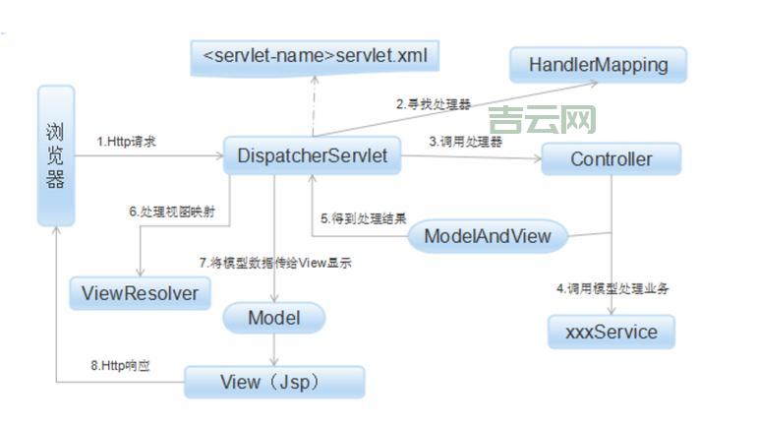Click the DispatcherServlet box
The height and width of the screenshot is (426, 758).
click(x=312, y=155)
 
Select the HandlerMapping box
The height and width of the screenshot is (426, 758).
click(x=598, y=65)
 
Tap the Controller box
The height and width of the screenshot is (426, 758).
click(x=611, y=158)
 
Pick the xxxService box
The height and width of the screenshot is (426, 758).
click(x=612, y=332)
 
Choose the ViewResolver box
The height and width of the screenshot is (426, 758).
click(x=140, y=292)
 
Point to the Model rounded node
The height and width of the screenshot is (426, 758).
click(x=273, y=318)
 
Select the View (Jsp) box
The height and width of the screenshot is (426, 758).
click(x=274, y=382)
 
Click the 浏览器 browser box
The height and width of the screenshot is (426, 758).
click(x=55, y=155)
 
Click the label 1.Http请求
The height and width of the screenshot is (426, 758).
click(x=127, y=142)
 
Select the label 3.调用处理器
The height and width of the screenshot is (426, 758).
click(x=466, y=142)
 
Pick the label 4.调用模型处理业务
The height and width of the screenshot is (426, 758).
click(x=613, y=289)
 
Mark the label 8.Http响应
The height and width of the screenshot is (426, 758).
click(x=122, y=366)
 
